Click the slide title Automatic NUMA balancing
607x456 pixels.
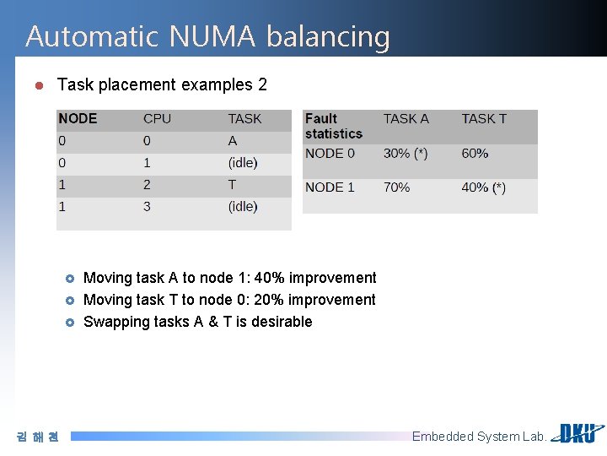207,36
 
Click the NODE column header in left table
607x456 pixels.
78,119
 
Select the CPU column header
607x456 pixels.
157,119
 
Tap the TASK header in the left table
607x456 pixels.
244,119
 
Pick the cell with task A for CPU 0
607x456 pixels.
233,141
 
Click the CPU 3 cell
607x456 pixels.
148,207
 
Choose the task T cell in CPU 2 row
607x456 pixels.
233,185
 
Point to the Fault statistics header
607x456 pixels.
334,126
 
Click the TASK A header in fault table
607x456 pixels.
406,119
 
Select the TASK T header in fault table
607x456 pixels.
484,119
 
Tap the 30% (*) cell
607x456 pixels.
406,154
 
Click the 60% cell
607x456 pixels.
475,154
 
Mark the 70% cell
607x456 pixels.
396,187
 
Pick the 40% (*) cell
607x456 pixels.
484,187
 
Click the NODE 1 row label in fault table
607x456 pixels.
330,187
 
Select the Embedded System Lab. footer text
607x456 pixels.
479,437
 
